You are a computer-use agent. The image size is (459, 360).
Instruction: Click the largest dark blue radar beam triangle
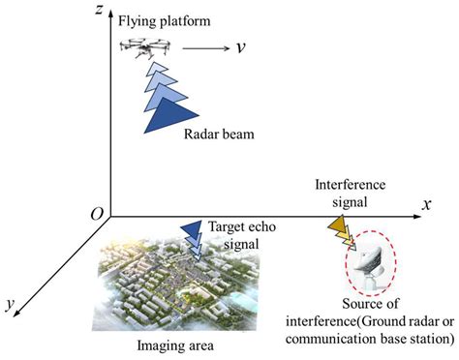coord(167,115)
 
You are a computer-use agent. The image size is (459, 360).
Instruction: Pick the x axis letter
coord(425,204)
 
